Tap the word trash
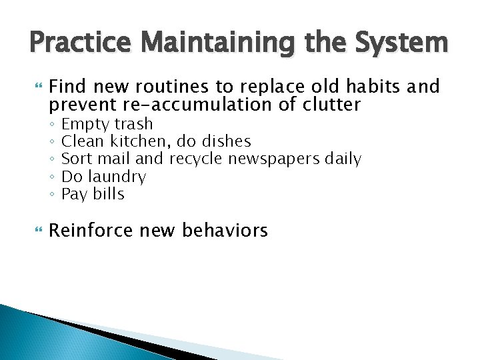point(133,124)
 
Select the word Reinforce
point(92,231)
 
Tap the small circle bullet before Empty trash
point(52,125)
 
